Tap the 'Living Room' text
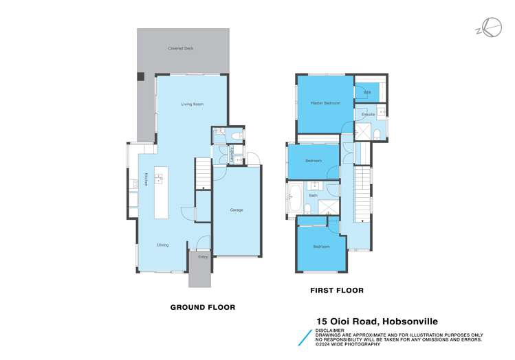point(192,104)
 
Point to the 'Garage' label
point(236,210)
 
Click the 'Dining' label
point(162,245)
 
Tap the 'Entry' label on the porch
point(202,257)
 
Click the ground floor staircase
point(202,173)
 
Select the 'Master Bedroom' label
point(325,103)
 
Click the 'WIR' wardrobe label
point(366,92)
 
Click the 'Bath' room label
point(313,196)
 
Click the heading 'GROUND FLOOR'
point(202,307)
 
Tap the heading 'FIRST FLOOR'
point(336,291)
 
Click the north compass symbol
point(492,28)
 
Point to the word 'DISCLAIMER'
point(330,329)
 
